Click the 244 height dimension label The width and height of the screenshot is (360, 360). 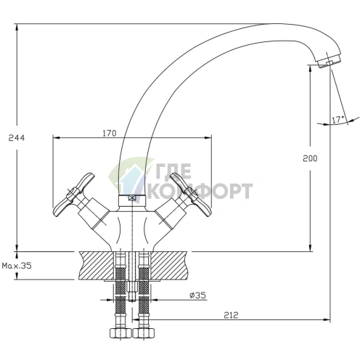(x=17, y=138)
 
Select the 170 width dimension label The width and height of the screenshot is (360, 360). (x=110, y=133)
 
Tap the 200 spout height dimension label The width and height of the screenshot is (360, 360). (x=310, y=158)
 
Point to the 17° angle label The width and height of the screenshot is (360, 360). (x=338, y=119)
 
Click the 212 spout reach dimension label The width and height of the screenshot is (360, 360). (x=231, y=315)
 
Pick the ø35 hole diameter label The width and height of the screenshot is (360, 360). (x=197, y=295)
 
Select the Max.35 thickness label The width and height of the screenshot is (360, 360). (x=17, y=266)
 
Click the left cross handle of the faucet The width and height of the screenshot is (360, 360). (x=73, y=195)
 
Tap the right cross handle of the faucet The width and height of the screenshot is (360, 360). (x=191, y=195)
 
